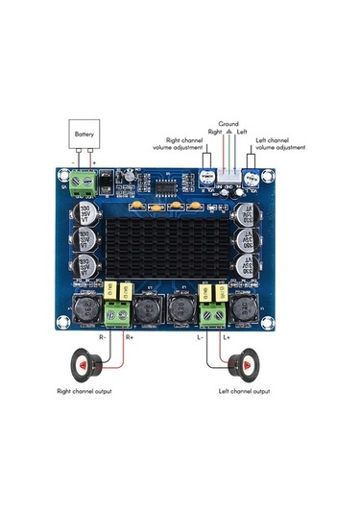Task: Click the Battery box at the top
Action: coord(84,135)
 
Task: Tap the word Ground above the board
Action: coord(228,124)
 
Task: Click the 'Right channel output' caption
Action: coord(90,392)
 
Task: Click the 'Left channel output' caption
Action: coord(244,392)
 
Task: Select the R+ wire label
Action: coord(131,338)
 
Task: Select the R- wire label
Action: coord(104,338)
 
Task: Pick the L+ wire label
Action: coord(227,338)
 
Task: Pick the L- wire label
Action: coord(200,338)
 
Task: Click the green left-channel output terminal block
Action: coord(212,309)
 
